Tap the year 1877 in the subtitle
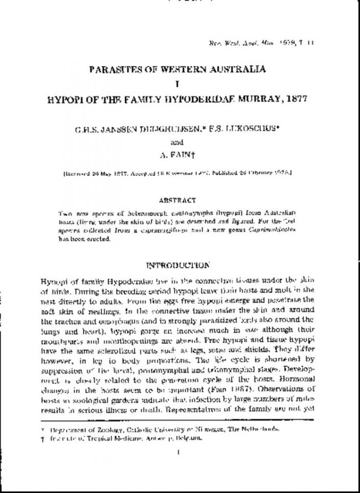click(x=295, y=98)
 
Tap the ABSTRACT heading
click(x=177, y=201)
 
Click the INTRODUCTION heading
click(x=177, y=265)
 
